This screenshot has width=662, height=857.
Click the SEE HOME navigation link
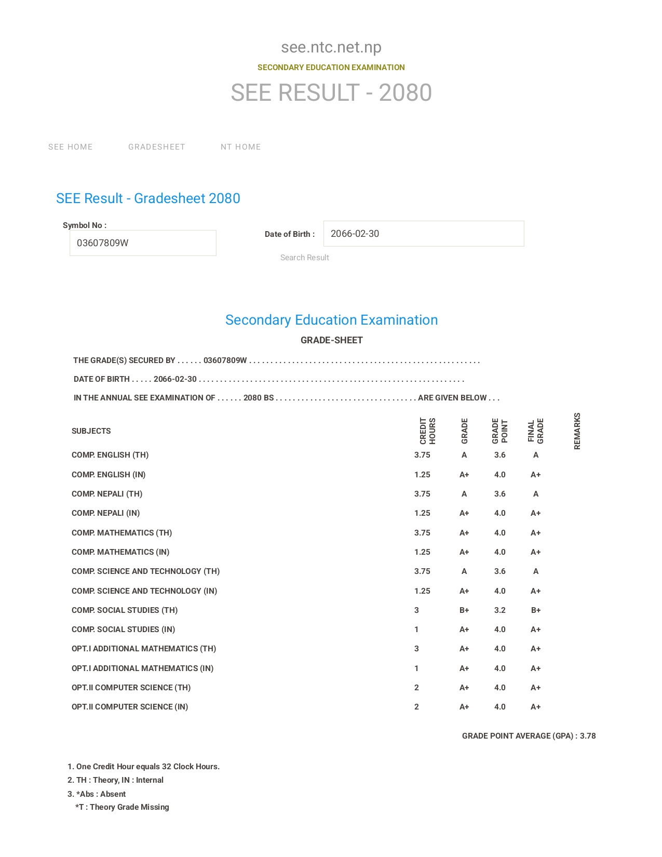tap(71, 147)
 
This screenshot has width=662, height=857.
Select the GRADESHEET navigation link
tap(157, 147)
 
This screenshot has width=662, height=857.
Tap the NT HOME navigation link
tap(241, 147)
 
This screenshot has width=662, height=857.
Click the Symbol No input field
tap(143, 243)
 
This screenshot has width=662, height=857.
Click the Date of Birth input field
tap(424, 234)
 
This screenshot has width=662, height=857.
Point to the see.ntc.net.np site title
tap(331, 47)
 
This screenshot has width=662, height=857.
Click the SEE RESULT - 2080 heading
tap(331, 93)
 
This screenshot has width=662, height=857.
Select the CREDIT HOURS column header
tap(428, 431)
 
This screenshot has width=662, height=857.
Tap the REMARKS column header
tap(577, 431)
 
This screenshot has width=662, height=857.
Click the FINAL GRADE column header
tap(536, 431)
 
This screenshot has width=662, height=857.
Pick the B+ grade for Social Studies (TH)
tap(464, 610)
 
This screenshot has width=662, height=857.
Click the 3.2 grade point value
tap(500, 610)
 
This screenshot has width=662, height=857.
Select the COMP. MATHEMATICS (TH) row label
tap(122, 533)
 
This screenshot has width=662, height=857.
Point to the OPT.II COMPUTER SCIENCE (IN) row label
tap(130, 707)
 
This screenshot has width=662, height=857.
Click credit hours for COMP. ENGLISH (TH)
tap(422, 455)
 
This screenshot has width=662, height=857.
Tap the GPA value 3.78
tap(588, 736)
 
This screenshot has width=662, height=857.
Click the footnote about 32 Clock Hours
tap(144, 767)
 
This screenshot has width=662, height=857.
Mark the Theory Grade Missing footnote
tap(123, 807)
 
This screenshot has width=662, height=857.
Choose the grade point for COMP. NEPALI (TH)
tap(500, 494)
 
